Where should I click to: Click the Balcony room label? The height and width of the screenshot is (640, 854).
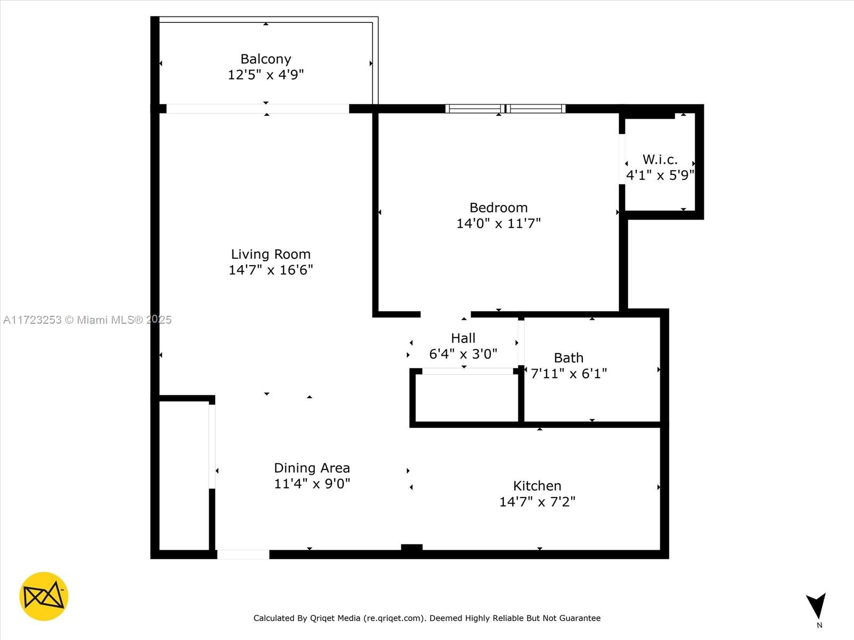[266, 59]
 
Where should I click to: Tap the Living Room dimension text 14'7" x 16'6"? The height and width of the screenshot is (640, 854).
[271, 270]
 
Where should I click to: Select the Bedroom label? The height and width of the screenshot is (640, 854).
[499, 207]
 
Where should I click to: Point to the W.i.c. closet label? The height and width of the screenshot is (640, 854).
[660, 159]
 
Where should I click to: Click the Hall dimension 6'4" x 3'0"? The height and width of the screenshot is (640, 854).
[463, 354]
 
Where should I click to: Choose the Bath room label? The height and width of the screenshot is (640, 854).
[568, 357]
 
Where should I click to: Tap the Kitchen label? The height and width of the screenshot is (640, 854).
[537, 486]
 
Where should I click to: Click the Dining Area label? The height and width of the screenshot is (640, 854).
[312, 468]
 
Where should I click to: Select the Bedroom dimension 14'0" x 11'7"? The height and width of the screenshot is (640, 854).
[499, 223]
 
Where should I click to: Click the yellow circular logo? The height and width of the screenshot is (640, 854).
[44, 596]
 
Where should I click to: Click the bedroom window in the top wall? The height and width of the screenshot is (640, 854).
[505, 109]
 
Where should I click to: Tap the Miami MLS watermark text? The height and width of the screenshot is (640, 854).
[87, 320]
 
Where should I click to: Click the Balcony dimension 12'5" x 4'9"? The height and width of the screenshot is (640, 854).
[266, 75]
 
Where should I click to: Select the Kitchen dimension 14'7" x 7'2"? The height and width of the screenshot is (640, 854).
[537, 502]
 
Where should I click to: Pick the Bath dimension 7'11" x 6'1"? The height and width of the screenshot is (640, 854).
[568, 373]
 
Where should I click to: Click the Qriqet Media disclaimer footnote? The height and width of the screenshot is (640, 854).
[427, 618]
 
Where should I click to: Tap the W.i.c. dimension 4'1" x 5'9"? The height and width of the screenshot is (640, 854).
[660, 175]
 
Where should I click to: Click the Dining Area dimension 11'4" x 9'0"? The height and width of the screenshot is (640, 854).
[312, 484]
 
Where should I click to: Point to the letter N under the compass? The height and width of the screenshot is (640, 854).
[819, 625]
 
